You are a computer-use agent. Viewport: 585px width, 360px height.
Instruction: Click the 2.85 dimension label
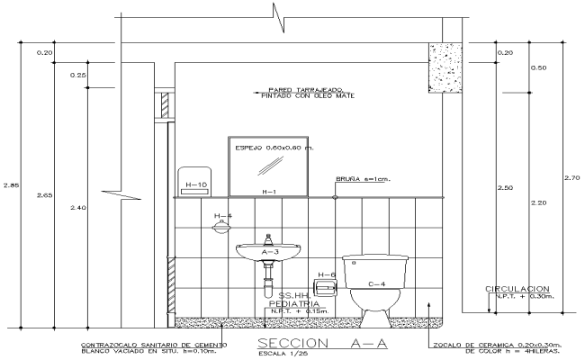11,186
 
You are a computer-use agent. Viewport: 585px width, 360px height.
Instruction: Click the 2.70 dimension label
571,177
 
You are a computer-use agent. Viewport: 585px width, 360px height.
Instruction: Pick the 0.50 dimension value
540,68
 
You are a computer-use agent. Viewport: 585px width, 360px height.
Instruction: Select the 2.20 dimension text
539,202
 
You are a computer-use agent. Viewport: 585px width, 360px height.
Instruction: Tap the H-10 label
195,185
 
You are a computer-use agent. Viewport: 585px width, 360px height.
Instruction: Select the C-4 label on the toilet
377,284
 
